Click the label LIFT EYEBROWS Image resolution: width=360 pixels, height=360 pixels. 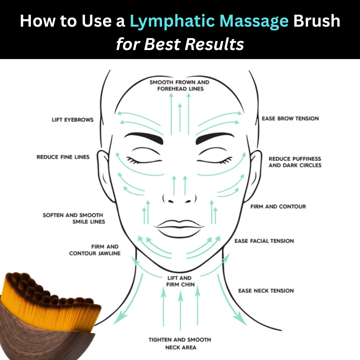point(72,120)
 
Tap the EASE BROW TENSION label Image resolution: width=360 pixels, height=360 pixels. point(290,118)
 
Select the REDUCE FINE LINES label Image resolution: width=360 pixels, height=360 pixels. point(63,157)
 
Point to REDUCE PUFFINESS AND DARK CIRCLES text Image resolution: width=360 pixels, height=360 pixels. point(295,162)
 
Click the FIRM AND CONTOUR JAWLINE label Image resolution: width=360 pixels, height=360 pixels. point(95,250)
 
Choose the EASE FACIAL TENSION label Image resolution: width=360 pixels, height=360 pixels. point(264,241)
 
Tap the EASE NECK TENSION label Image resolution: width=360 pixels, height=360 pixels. point(266,291)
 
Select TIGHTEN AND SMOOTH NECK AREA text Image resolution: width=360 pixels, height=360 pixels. point(180,343)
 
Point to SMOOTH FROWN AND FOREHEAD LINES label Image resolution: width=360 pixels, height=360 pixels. point(180,85)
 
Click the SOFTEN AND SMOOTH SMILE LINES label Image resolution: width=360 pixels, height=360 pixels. point(74,218)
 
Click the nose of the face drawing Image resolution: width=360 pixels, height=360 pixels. point(179,196)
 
